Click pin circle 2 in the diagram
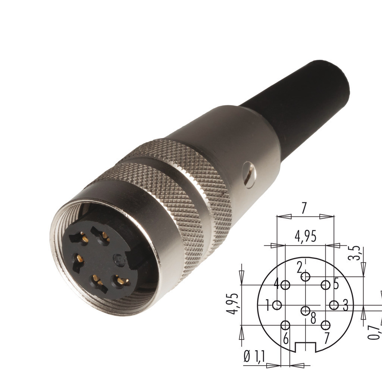point(305,277)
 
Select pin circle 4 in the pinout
point(285,285)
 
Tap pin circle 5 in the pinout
point(325,285)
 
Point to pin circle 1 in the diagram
point(277,305)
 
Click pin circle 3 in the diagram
point(334,305)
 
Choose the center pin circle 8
point(305,311)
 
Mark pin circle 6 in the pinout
point(285,325)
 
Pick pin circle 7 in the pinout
point(325,325)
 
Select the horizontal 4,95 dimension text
point(306,236)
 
